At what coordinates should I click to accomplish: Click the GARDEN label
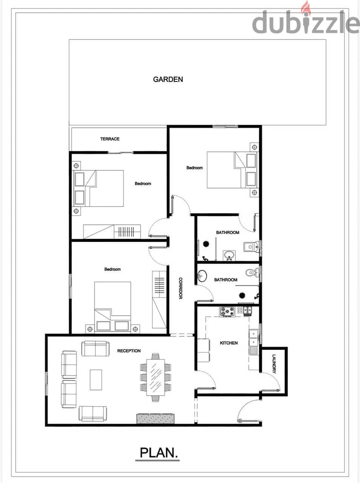tap(168, 80)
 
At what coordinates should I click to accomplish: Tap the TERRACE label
tap(110, 139)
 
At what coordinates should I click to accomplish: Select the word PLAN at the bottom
tap(157, 453)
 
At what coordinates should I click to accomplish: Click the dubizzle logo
tap(306, 20)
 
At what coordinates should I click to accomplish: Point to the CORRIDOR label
tap(180, 288)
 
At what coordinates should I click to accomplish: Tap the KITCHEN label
tap(229, 343)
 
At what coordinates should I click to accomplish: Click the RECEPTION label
tap(129, 351)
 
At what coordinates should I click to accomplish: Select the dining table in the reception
tap(156, 377)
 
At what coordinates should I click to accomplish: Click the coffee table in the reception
tap(96, 380)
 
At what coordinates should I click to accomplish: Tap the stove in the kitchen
tap(227, 311)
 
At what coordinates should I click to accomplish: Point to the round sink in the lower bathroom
tap(202, 276)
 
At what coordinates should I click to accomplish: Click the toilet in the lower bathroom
tap(252, 272)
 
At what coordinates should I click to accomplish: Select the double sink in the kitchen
tap(254, 338)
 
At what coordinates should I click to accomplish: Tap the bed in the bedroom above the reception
tap(112, 307)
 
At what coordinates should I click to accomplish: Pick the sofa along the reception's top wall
tap(95, 349)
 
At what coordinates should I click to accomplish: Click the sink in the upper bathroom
tap(229, 255)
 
